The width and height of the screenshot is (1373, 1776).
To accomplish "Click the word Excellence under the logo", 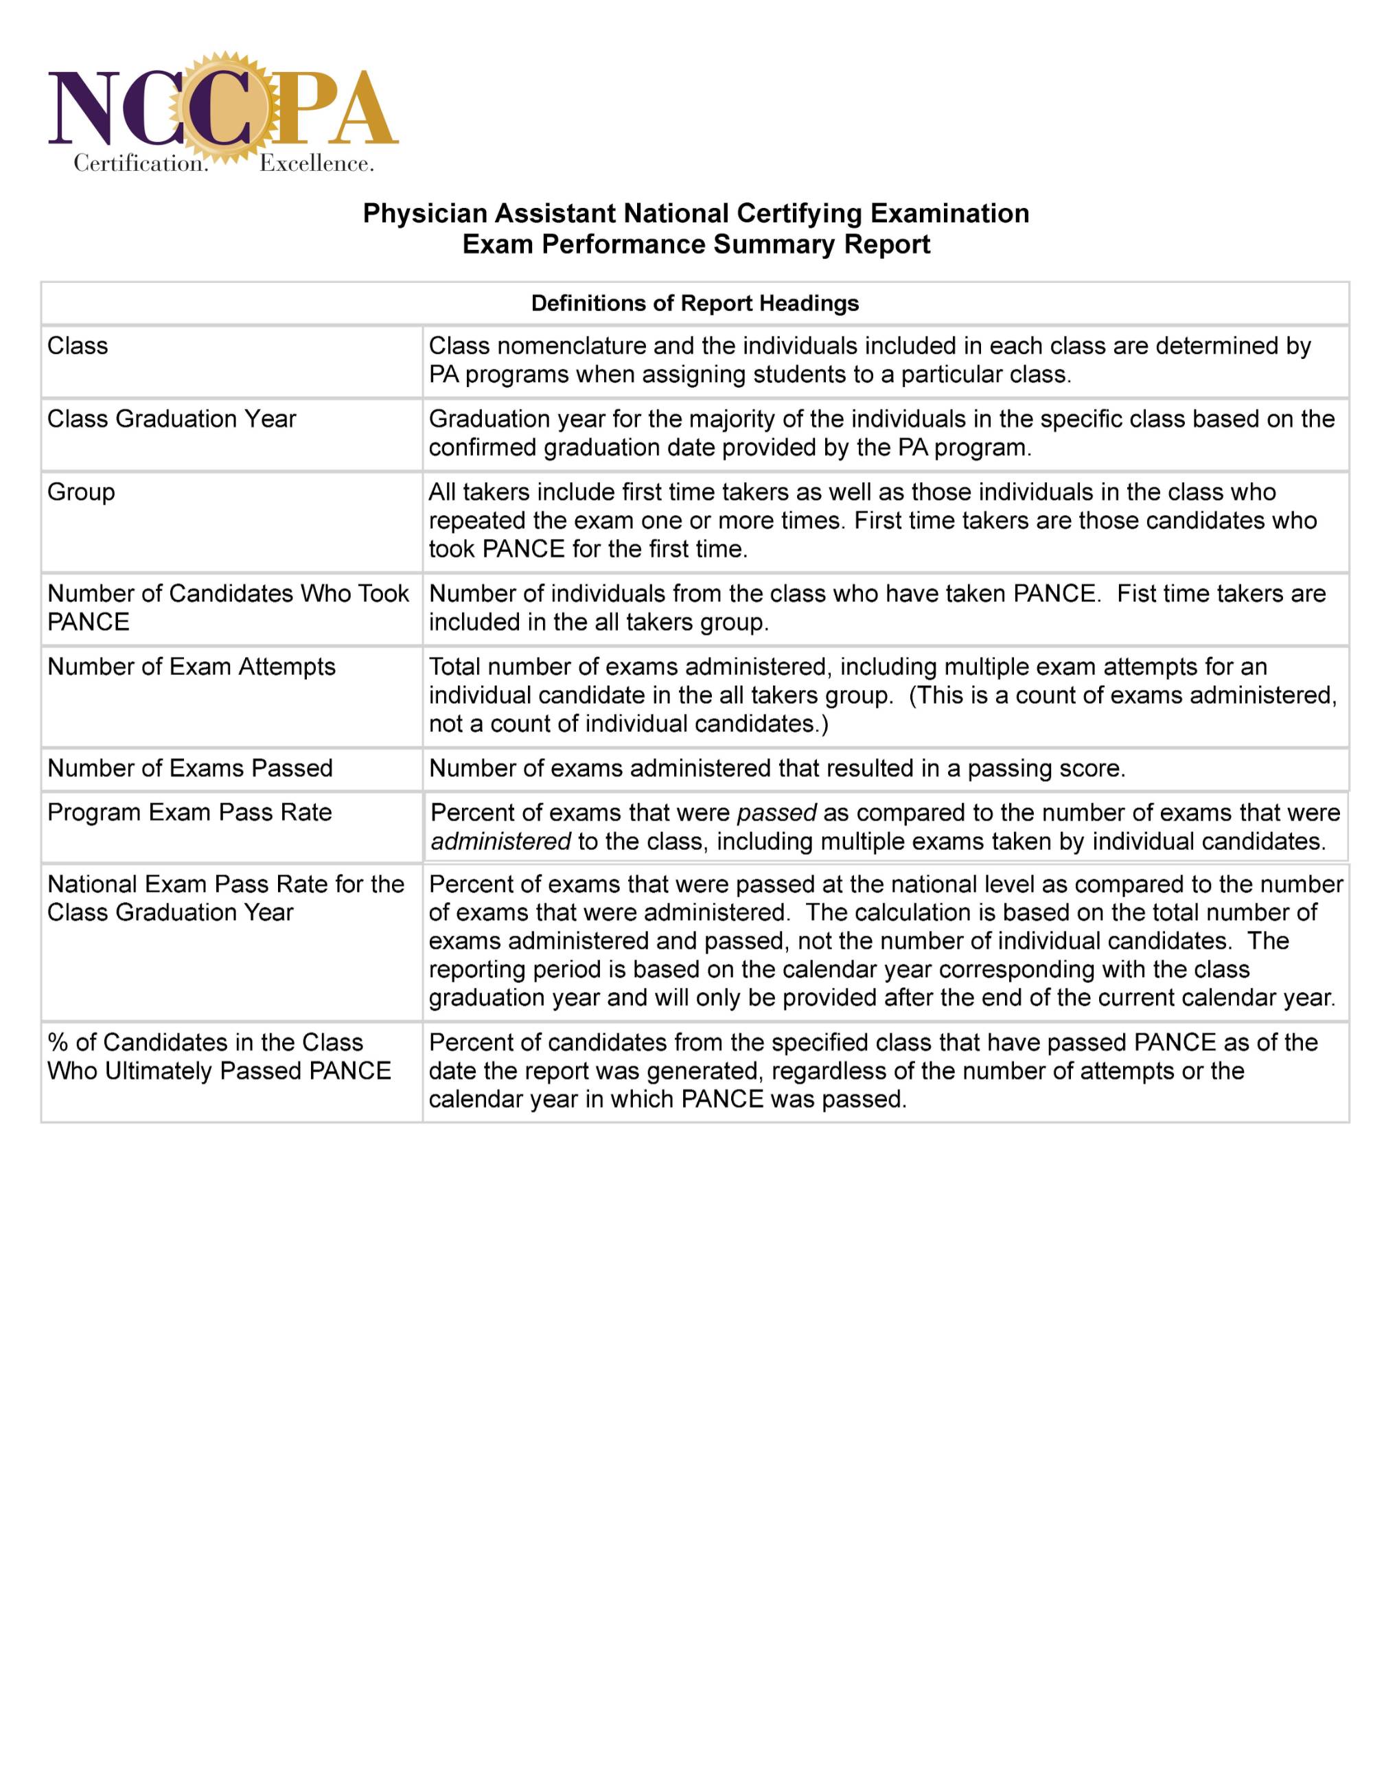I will [x=316, y=163].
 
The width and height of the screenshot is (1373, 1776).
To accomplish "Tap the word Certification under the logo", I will [x=141, y=163].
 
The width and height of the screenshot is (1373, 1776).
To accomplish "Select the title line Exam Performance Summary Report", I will [x=695, y=244].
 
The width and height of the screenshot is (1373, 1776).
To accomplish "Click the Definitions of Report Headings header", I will [x=695, y=303].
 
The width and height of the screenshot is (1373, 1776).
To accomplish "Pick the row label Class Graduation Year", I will [x=172, y=419].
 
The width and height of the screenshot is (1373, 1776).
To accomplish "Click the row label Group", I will [x=81, y=492].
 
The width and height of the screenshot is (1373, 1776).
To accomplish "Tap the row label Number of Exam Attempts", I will [x=191, y=667].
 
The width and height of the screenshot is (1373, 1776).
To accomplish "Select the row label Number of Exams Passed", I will [x=189, y=768].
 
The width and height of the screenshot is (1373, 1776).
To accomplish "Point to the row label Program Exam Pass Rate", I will [x=189, y=812].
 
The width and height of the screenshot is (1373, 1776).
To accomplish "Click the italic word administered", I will [x=500, y=842].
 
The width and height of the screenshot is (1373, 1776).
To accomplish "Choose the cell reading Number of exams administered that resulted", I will [x=777, y=768].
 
